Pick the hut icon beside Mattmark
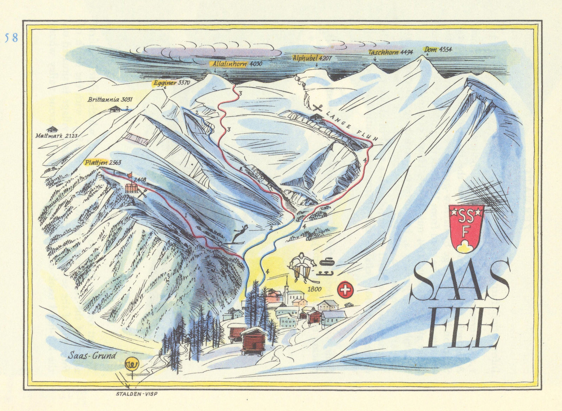click(x=52, y=129)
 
